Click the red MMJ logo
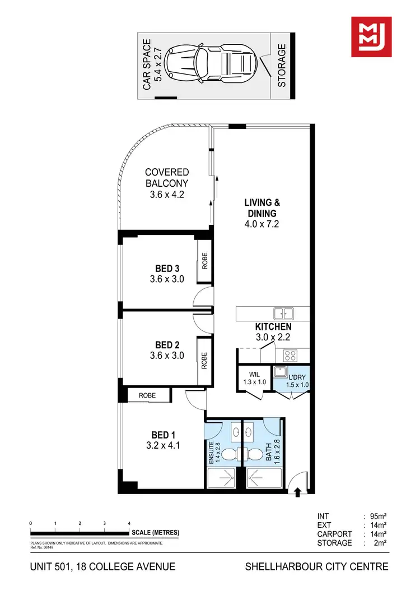(x=371, y=36)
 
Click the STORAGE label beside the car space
(x=282, y=66)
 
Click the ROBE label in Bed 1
(x=148, y=395)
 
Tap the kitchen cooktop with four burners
(x=291, y=355)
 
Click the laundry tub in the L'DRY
(x=280, y=371)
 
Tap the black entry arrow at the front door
(x=297, y=492)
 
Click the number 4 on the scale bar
(x=129, y=523)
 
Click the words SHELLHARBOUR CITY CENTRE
(x=316, y=566)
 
